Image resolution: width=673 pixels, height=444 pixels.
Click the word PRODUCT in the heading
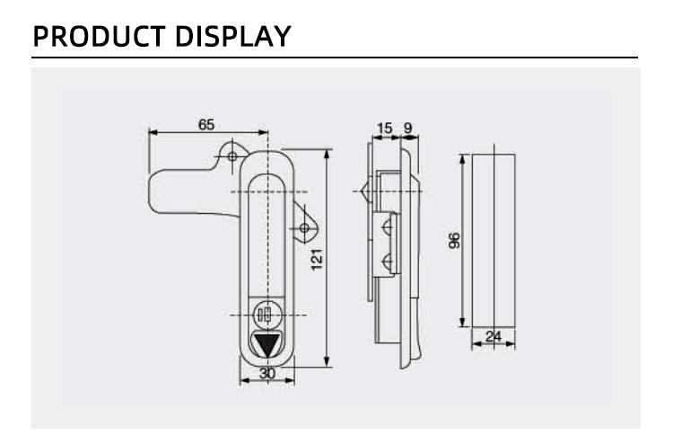click(99, 36)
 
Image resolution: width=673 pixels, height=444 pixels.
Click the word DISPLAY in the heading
click(233, 36)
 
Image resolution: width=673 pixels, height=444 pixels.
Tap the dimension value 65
click(206, 125)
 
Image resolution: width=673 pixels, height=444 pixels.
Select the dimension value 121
click(317, 260)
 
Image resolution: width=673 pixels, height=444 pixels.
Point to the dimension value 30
click(267, 373)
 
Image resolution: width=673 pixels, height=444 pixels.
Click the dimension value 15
click(385, 129)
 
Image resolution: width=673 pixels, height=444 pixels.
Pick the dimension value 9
click(407, 129)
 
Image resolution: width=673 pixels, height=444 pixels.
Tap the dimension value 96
click(454, 241)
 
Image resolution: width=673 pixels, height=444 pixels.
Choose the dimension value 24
click(494, 336)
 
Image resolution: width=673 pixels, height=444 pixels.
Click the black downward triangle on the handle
click(267, 345)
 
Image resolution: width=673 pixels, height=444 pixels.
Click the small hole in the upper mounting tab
click(232, 156)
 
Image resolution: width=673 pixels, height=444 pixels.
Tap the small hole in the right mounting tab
click(304, 227)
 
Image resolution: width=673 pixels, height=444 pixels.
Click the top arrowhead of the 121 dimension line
click(328, 155)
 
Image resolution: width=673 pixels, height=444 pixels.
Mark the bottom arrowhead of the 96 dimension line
click(462, 322)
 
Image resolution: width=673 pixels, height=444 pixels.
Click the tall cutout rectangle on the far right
click(494, 241)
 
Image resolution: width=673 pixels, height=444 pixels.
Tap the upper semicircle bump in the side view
click(387, 226)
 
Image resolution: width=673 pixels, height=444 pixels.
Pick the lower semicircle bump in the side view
click(387, 262)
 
